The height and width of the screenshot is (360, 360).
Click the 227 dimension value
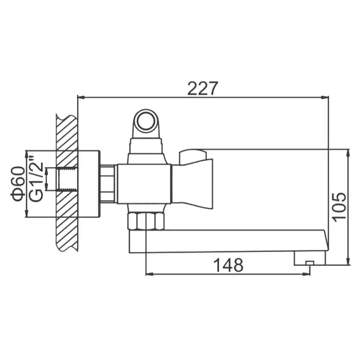click(202, 88)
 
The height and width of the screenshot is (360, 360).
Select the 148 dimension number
click(228, 265)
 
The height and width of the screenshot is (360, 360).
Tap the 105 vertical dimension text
click(340, 205)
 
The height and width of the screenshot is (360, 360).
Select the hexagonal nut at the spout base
click(145, 221)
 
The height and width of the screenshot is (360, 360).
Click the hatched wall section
click(66, 183)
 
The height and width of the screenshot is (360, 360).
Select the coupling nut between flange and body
click(109, 184)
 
